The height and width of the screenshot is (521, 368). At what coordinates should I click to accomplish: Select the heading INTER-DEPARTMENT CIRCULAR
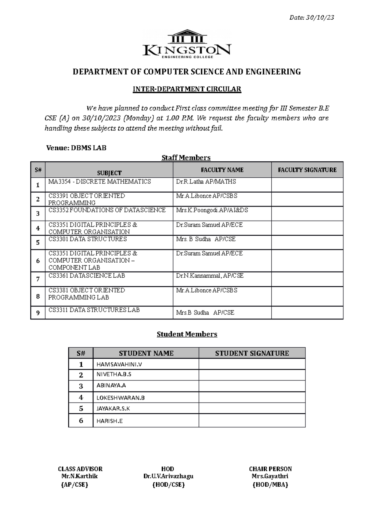(187, 89)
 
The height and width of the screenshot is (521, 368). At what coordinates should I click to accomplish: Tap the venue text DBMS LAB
(89, 148)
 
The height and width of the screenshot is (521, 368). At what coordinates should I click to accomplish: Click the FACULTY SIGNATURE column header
(307, 170)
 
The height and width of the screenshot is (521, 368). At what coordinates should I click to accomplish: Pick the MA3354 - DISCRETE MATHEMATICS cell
(100, 182)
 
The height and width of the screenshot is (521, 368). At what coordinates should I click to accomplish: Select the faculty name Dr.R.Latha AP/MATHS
(206, 182)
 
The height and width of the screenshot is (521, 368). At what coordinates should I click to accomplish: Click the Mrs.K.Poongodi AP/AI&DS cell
(212, 210)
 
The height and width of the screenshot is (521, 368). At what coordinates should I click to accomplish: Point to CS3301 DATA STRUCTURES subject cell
(88, 239)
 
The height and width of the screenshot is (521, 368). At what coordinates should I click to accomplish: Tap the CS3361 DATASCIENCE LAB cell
(87, 276)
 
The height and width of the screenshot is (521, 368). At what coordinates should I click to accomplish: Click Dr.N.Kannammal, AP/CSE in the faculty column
(210, 276)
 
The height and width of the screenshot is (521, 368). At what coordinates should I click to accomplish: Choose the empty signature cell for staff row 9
(307, 312)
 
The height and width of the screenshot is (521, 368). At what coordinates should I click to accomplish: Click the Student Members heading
(187, 334)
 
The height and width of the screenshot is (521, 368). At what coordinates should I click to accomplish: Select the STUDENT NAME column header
(146, 353)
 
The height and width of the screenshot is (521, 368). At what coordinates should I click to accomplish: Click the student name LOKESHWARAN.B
(121, 398)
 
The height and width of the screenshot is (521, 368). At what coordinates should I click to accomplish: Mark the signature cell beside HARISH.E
(252, 420)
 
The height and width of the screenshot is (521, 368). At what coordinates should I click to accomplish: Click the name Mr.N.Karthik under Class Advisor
(80, 477)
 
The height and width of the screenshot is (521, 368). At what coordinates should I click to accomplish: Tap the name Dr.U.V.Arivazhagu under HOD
(168, 477)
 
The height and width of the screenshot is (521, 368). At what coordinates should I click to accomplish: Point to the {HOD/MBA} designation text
(270, 485)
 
